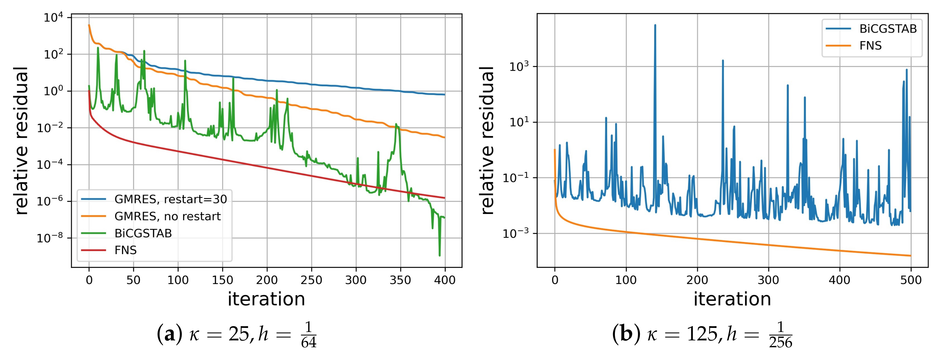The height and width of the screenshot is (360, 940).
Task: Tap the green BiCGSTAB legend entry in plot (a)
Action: click(143, 233)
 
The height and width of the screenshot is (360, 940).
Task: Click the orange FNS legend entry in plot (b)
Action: click(870, 45)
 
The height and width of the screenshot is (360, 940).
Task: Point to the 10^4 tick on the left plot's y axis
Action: click(53, 17)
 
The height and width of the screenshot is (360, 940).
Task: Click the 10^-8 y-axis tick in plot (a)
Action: click(50, 238)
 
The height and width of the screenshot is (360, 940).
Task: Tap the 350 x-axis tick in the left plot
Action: click(400, 280)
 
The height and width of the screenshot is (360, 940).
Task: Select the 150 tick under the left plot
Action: click(222, 280)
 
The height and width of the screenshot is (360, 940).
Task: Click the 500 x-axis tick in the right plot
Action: click(911, 280)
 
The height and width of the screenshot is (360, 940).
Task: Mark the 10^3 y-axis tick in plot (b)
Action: click(519, 67)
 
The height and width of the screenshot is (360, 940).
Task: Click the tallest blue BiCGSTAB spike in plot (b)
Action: click(655, 26)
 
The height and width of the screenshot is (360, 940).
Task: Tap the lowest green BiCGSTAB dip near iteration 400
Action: click(439, 255)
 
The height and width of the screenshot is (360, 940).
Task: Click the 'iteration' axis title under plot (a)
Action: click(266, 299)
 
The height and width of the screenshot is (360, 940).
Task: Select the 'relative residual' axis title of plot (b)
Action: click(487, 140)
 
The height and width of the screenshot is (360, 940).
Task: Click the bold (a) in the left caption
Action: click(170, 334)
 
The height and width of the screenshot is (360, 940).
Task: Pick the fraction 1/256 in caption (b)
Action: click(780, 335)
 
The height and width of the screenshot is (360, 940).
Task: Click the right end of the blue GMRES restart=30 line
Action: click(444, 95)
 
